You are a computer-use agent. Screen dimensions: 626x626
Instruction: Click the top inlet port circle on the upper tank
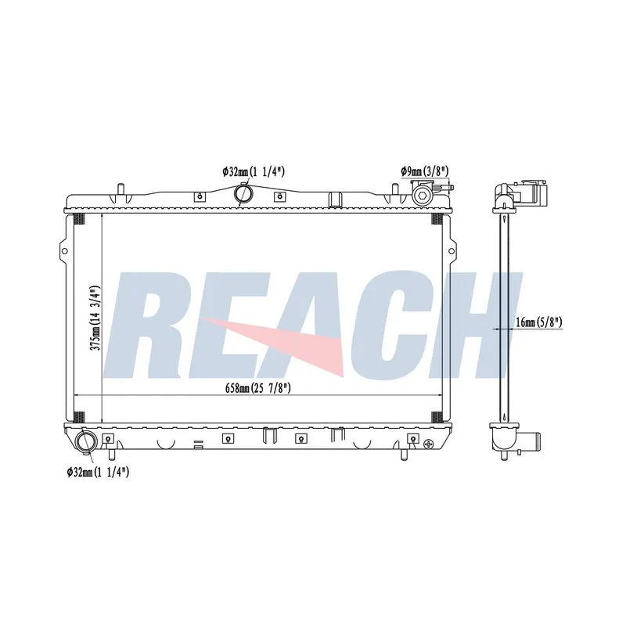(243, 193)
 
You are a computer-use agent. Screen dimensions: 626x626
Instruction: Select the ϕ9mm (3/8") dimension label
(425, 171)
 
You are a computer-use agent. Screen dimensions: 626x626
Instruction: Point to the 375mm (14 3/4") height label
(95, 318)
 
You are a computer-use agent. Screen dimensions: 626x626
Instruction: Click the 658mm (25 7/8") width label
(258, 387)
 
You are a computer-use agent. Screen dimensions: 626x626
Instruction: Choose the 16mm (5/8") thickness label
(539, 322)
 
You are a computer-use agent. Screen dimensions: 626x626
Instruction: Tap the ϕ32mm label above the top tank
(253, 171)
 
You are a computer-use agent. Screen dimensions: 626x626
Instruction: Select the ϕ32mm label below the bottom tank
(98, 473)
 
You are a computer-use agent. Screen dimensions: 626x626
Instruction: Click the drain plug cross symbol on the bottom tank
(429, 444)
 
